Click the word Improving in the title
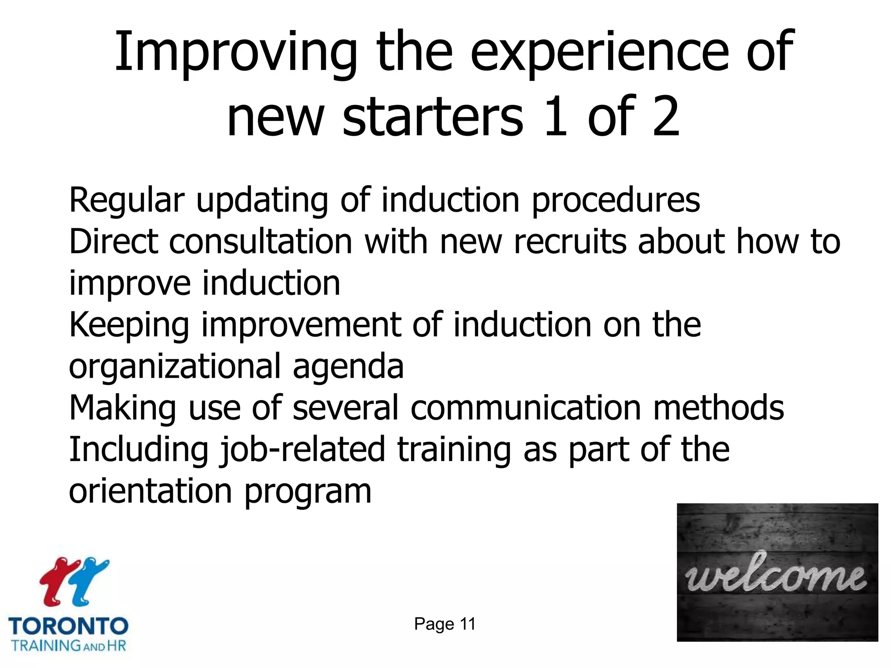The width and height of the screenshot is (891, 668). click(235, 53)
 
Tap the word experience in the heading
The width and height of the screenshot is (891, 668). click(600, 53)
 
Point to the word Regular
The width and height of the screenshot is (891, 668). click(127, 201)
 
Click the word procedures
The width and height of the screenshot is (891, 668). click(616, 201)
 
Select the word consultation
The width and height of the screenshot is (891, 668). click(261, 241)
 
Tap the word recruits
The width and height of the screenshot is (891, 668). click(570, 241)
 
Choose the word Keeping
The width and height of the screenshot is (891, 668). click(129, 326)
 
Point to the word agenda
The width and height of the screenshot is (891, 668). click(348, 367)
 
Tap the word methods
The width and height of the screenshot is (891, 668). click(719, 408)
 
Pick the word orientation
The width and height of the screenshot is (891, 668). click(151, 491)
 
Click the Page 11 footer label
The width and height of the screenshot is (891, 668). click(445, 624)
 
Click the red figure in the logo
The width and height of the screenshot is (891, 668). click(58, 581)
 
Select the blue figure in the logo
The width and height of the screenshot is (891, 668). click(89, 581)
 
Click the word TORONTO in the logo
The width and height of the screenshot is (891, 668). click(68, 626)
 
